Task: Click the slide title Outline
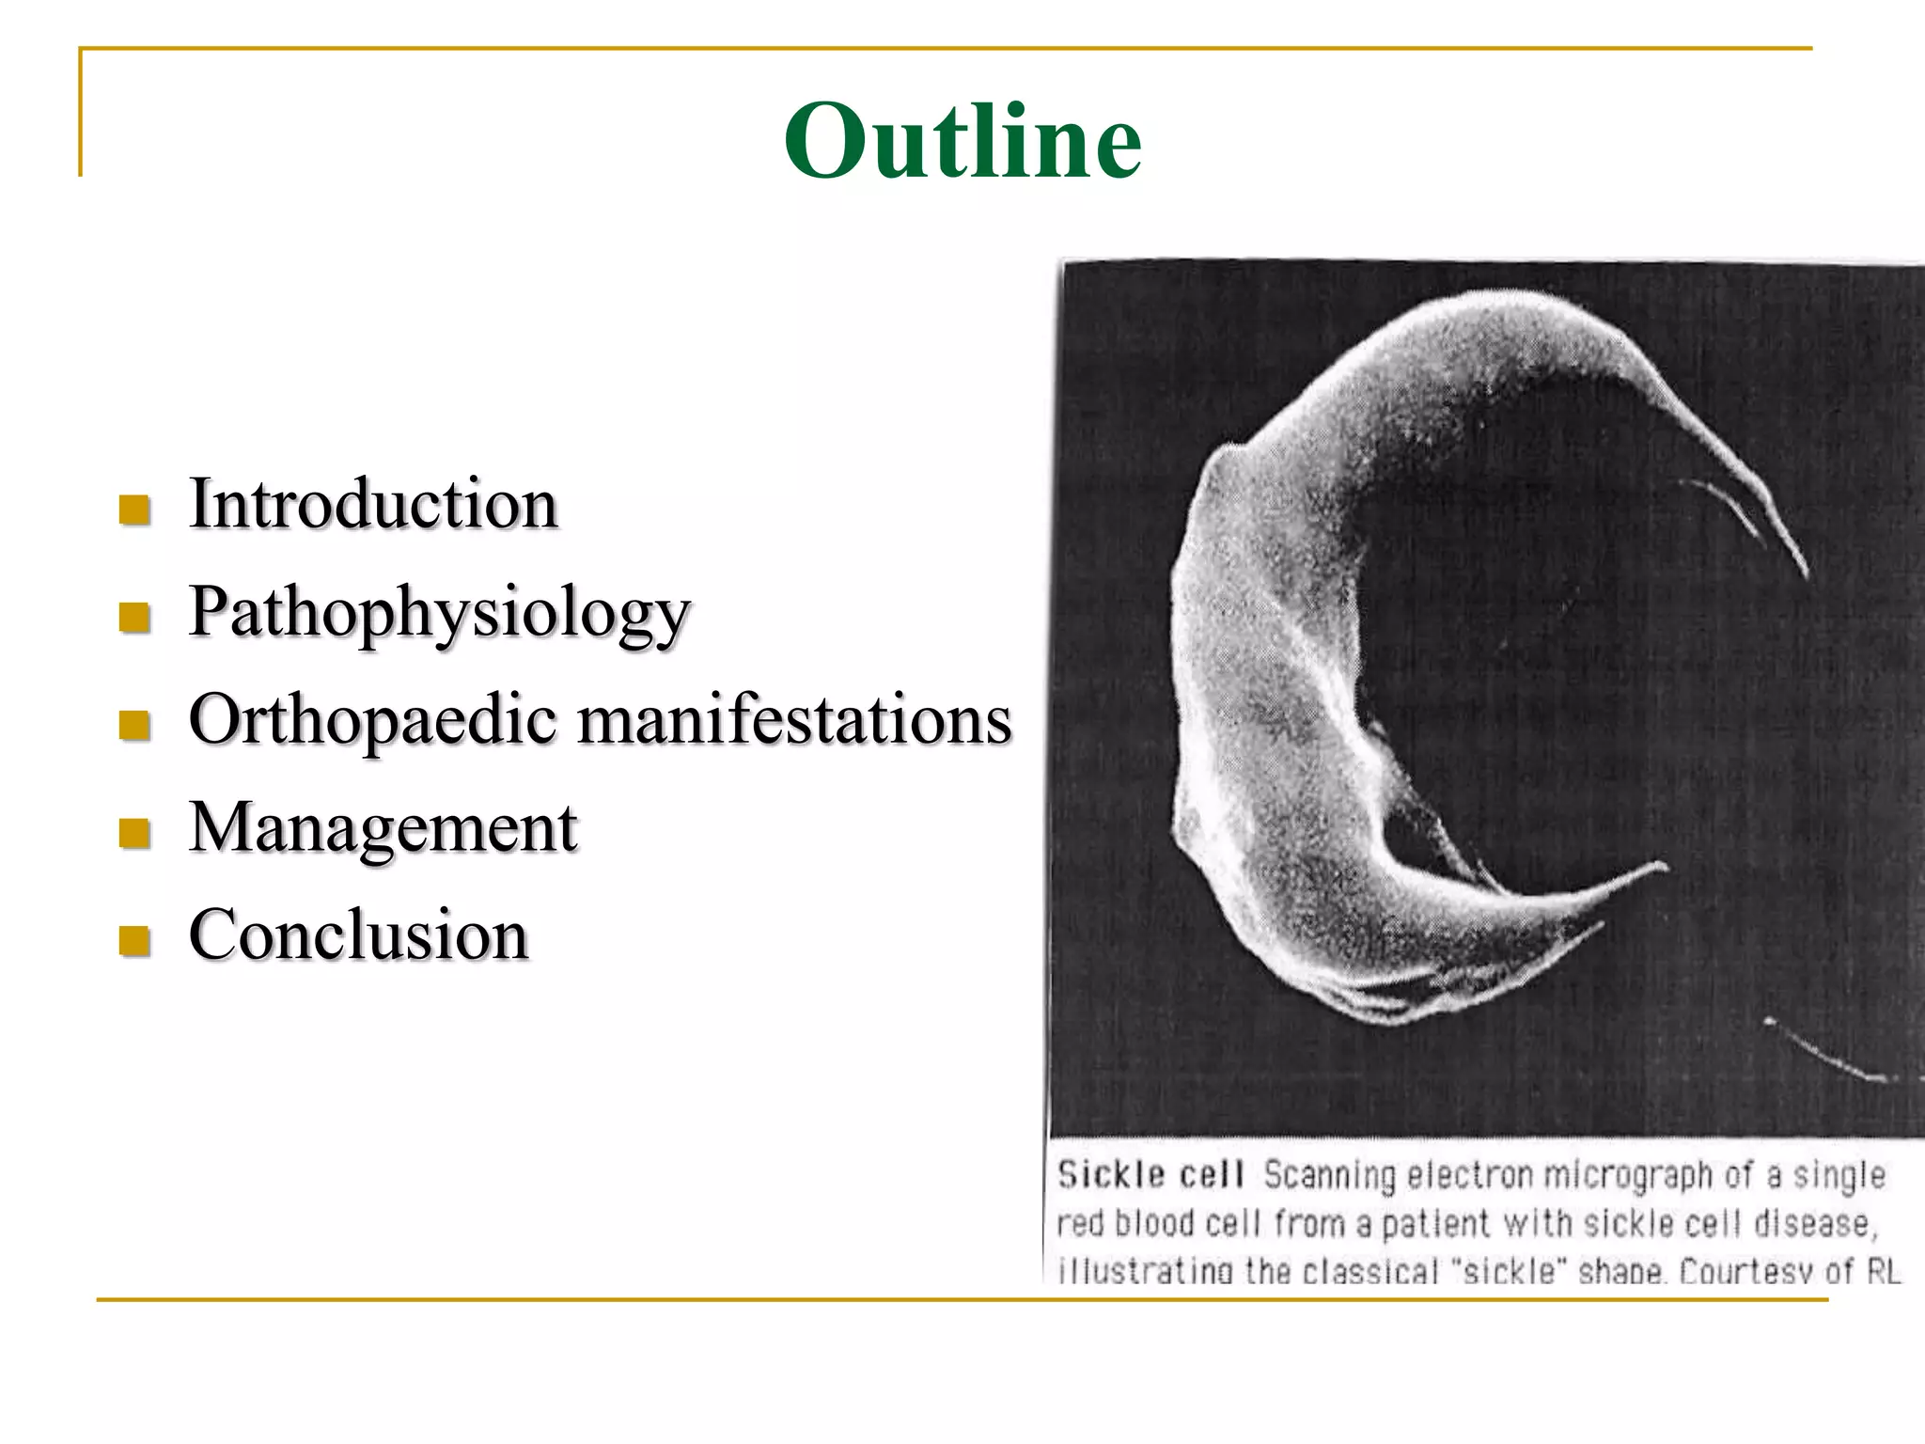(x=962, y=141)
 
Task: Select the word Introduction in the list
(x=373, y=504)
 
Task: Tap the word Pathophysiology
(x=439, y=613)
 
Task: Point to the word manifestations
(x=794, y=720)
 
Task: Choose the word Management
(x=383, y=828)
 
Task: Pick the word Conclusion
(x=358, y=935)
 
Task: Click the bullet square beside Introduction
(x=135, y=510)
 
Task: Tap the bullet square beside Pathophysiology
(x=135, y=618)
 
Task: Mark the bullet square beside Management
(x=135, y=833)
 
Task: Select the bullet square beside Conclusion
(x=135, y=940)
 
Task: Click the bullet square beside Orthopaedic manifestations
(x=135, y=725)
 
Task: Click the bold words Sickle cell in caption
(x=1150, y=1175)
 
